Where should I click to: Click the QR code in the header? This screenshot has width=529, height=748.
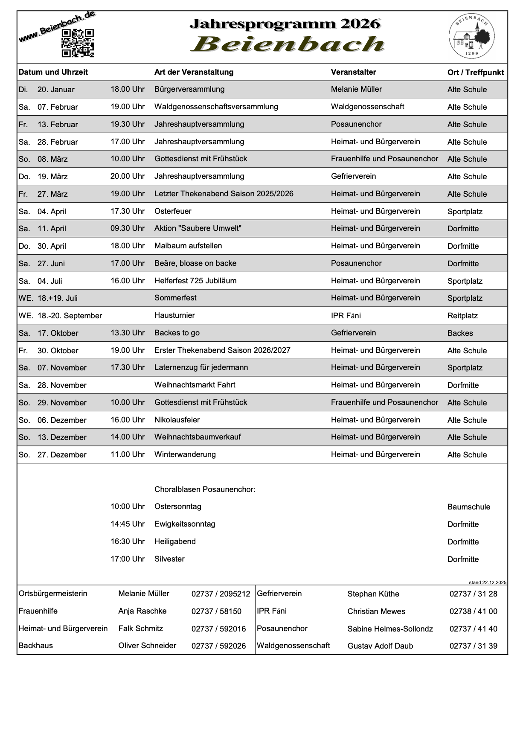[78, 43]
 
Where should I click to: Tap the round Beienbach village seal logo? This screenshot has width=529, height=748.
[471, 36]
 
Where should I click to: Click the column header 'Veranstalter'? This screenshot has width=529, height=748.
[353, 72]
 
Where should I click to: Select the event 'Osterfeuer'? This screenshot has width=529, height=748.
[173, 211]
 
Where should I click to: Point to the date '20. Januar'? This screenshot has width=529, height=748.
[56, 90]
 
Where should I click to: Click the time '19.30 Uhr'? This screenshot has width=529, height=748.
[128, 124]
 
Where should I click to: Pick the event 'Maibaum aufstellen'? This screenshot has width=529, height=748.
[188, 246]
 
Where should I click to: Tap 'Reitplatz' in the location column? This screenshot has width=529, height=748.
[462, 316]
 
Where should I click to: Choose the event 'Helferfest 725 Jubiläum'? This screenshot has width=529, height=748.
[195, 281]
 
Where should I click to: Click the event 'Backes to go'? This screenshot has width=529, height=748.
[177, 333]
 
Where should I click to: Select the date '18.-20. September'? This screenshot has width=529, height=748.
[70, 316]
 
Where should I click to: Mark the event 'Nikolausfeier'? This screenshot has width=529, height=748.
[177, 420]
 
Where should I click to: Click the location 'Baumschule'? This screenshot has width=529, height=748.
[469, 507]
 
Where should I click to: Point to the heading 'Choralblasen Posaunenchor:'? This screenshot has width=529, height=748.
[205, 489]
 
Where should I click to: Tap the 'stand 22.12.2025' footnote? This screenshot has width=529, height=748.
[488, 582]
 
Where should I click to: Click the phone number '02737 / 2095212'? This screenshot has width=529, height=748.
[221, 594]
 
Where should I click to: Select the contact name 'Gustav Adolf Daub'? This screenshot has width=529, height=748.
[380, 646]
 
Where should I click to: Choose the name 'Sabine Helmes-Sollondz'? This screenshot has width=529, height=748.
[390, 629]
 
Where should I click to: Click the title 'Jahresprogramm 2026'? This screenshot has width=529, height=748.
[285, 24]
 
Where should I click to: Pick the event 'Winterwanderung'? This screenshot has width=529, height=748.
[185, 454]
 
